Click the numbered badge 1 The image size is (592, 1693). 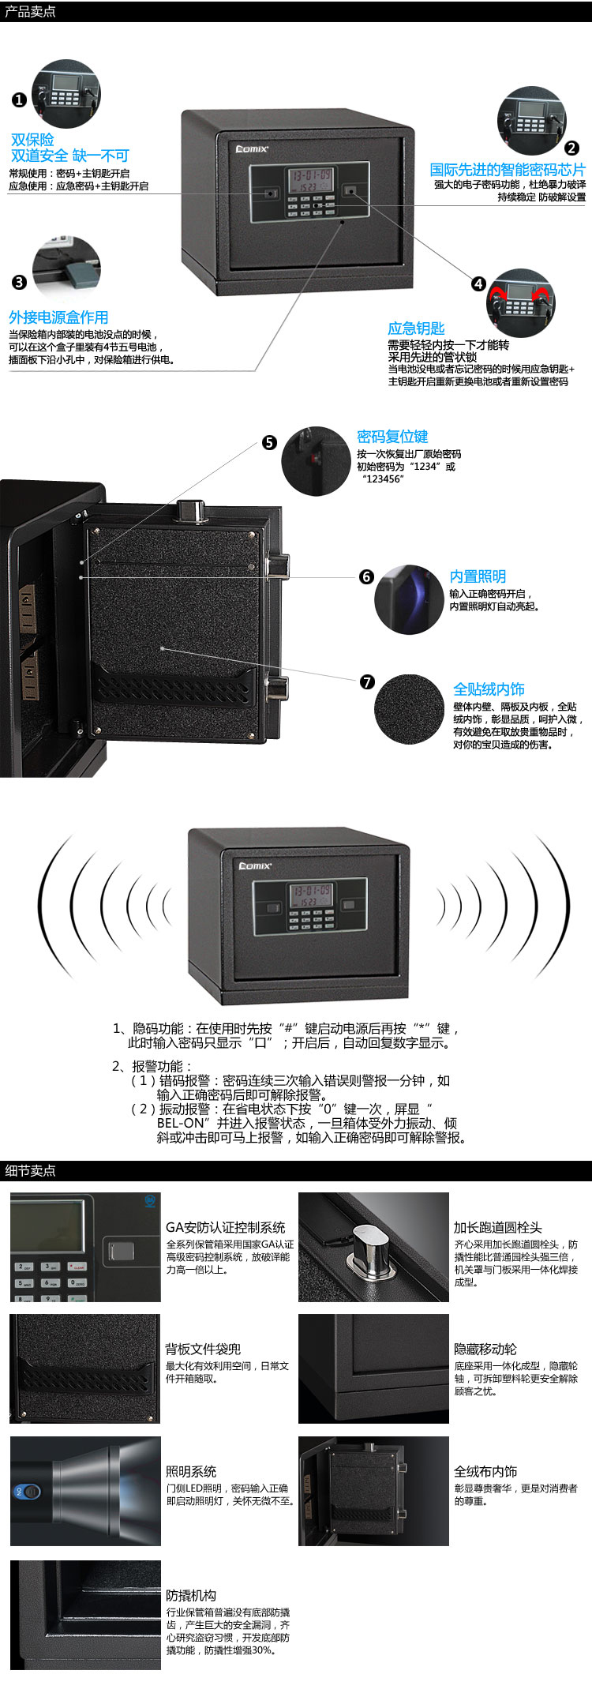click(x=19, y=100)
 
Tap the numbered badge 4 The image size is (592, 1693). click(x=479, y=283)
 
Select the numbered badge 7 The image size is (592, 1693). click(x=367, y=682)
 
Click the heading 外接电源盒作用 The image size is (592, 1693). click(x=58, y=317)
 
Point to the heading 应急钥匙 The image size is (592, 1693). click(x=416, y=328)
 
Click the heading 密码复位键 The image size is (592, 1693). click(x=392, y=437)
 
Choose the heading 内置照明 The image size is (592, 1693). click(x=478, y=577)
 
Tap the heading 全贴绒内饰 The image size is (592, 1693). click(x=489, y=689)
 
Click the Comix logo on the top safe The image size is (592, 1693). click(x=253, y=148)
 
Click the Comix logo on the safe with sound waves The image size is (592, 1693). click(x=255, y=865)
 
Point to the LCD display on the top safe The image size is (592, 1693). click(x=311, y=178)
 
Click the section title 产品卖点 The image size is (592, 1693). click(x=30, y=12)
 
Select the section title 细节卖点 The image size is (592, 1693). click(x=30, y=1170)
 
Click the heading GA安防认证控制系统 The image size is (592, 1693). click(x=226, y=1227)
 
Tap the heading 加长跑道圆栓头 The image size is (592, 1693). click(x=497, y=1227)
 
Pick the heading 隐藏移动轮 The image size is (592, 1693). click(x=485, y=1349)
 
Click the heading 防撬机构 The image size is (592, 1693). click(x=191, y=1595)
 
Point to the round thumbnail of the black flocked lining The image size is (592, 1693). click(x=409, y=709)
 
